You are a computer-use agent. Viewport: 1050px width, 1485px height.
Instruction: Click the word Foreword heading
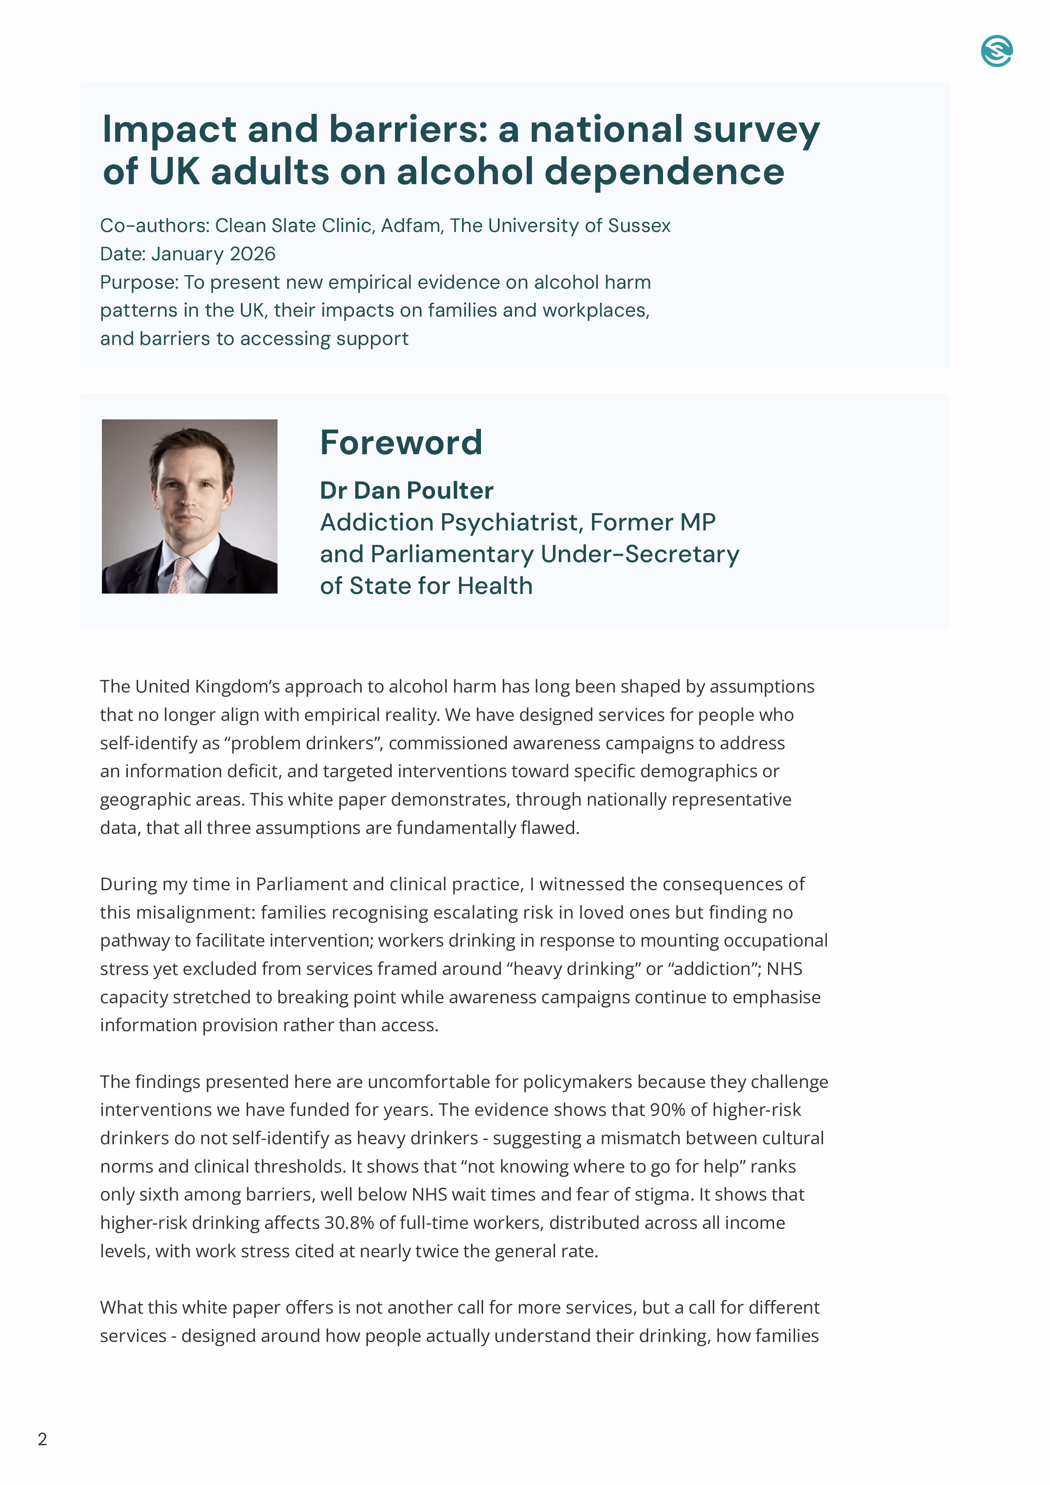(x=401, y=443)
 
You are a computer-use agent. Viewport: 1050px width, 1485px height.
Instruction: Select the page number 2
(x=43, y=1439)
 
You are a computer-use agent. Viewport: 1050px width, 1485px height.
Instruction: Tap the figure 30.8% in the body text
(x=349, y=1223)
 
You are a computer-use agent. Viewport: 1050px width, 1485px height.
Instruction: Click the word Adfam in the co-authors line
(x=411, y=226)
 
